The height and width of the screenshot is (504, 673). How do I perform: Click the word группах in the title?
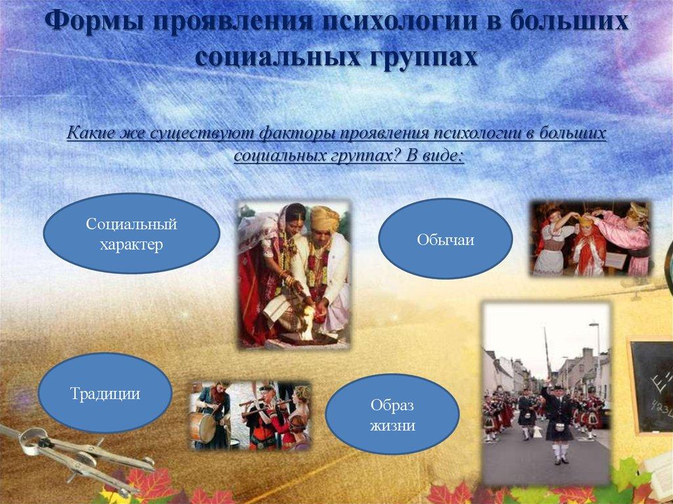[417, 57]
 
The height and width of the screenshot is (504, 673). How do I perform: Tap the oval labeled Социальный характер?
[131, 234]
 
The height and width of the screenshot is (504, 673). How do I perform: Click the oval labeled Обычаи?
[445, 239]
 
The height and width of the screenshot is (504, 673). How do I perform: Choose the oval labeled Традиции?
[105, 393]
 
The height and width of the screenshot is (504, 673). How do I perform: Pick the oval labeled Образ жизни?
[392, 415]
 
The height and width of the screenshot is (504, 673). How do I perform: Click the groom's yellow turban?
[323, 218]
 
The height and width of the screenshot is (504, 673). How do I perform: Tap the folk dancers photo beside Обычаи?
[590, 238]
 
